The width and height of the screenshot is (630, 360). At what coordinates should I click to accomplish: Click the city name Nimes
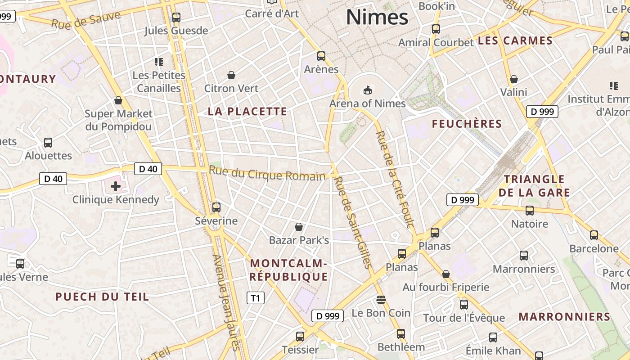coord(377,17)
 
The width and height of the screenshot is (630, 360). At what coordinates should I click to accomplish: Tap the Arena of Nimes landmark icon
coord(368,90)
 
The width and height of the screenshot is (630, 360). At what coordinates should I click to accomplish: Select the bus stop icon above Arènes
coord(321,56)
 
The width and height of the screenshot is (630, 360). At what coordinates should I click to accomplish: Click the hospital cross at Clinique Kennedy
coord(116,186)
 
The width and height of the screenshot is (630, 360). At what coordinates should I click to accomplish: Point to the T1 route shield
coord(256,298)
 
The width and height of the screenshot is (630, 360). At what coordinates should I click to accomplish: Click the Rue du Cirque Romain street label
coord(267,174)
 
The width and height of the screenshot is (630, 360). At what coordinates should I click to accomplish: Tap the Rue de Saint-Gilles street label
coord(353,222)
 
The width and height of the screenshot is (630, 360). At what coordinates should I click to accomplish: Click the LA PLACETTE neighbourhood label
coord(247,112)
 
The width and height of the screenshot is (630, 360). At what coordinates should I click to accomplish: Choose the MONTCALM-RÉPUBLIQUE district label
coord(288,270)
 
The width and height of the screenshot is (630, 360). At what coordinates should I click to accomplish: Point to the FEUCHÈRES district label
coord(467,124)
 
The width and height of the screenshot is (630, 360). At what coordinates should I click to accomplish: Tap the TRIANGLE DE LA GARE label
coord(534,186)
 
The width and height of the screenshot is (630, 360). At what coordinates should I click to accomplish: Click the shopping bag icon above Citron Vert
coord(231,75)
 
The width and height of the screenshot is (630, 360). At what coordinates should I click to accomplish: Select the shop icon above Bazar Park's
coord(298,227)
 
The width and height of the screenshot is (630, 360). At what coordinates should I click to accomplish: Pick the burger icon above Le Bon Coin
coord(381,300)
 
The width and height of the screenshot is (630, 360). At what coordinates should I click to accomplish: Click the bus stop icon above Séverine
coord(216,207)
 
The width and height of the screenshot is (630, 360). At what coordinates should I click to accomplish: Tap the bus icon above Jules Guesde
coord(176,18)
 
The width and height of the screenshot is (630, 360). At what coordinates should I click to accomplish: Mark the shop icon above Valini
coord(513,80)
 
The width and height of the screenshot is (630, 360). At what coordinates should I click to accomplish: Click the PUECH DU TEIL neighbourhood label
coord(102,297)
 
